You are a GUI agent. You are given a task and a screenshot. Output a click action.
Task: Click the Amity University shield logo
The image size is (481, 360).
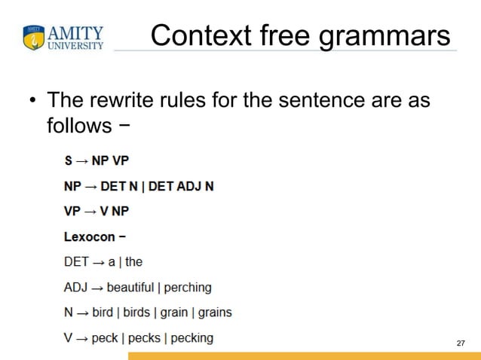(x=34, y=38)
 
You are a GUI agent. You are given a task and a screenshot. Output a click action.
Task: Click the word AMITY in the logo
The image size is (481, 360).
(x=75, y=33)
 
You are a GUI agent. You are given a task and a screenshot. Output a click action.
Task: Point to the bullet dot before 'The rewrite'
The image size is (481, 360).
(x=32, y=100)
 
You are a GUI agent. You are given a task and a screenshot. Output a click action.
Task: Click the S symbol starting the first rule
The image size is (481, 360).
(x=69, y=160)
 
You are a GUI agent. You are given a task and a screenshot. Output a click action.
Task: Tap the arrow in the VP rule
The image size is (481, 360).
(x=92, y=212)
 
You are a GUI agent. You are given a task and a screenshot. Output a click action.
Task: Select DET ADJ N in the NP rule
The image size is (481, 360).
(x=181, y=186)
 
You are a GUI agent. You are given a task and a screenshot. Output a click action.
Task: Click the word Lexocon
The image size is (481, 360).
(x=89, y=236)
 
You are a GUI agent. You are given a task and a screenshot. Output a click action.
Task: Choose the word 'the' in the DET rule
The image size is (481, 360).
(x=134, y=262)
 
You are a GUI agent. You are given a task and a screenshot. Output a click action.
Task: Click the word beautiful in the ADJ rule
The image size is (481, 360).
(x=131, y=287)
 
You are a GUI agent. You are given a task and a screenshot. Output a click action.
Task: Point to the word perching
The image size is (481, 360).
(x=188, y=288)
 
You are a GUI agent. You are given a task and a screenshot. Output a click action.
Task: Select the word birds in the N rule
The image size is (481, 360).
(x=136, y=313)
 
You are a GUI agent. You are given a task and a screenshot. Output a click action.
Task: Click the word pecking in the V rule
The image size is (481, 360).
(x=192, y=338)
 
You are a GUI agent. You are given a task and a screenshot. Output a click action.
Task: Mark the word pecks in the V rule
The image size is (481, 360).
(x=144, y=338)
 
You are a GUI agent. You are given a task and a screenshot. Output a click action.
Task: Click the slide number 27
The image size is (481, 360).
(x=461, y=343)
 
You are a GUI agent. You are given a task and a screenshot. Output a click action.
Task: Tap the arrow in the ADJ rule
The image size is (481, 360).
(x=97, y=288)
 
